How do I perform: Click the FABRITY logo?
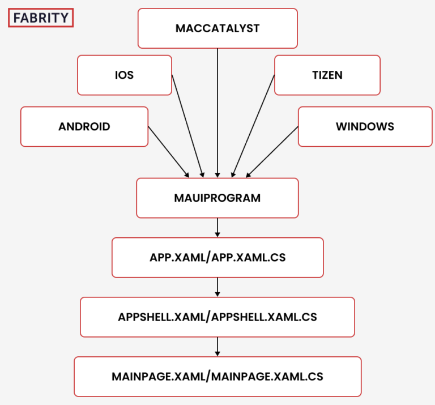(41, 18)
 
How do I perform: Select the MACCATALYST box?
(217, 28)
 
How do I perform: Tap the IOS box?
(125, 75)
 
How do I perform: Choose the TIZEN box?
(327, 75)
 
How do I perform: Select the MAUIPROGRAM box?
(217, 198)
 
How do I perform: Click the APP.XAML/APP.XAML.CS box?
(217, 258)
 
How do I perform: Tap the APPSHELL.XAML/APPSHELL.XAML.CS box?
(217, 317)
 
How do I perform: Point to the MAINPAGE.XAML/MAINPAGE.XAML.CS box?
(217, 376)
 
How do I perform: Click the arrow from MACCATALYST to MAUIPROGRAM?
(217, 113)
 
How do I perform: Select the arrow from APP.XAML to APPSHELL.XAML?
(217, 287)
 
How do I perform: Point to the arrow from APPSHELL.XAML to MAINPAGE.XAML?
(217, 347)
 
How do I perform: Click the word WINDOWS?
(365, 126)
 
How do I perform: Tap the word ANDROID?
(84, 126)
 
